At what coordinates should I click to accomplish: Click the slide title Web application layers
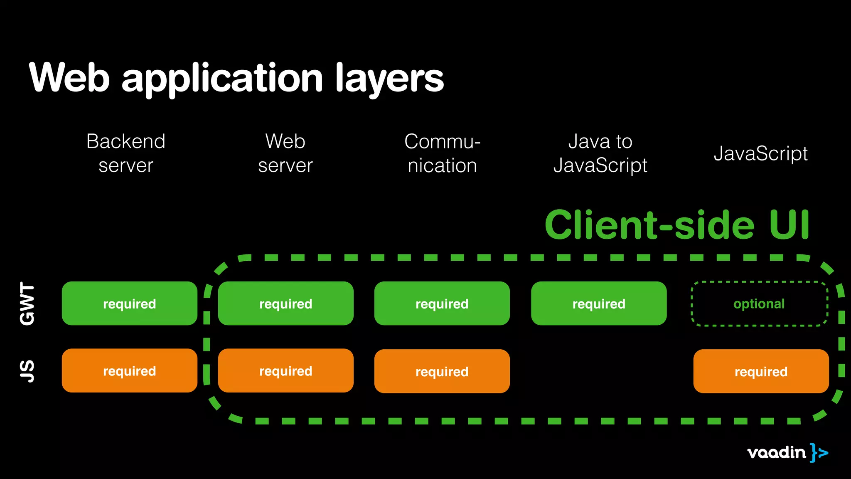click(236, 78)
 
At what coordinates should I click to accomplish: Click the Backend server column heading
click(126, 153)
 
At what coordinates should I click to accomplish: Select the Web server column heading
click(285, 153)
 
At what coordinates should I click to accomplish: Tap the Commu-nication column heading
click(442, 153)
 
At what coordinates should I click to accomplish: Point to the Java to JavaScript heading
click(600, 153)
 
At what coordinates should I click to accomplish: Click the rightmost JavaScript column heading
click(760, 153)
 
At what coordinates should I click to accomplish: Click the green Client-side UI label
click(677, 225)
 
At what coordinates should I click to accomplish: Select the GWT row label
click(27, 304)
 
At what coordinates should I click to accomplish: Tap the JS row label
click(27, 371)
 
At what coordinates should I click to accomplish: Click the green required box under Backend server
click(129, 304)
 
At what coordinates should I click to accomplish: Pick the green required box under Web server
click(285, 304)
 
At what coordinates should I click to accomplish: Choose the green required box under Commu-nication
click(442, 304)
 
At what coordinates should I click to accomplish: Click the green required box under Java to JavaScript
click(598, 304)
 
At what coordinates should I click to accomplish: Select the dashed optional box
click(759, 304)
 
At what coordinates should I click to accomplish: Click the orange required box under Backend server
click(129, 370)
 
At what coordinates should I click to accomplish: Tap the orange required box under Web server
click(285, 370)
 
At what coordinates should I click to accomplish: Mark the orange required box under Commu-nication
click(442, 371)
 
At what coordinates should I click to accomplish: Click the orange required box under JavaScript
click(761, 371)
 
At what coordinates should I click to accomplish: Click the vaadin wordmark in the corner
click(776, 452)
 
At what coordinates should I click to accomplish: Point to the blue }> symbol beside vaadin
click(819, 452)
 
